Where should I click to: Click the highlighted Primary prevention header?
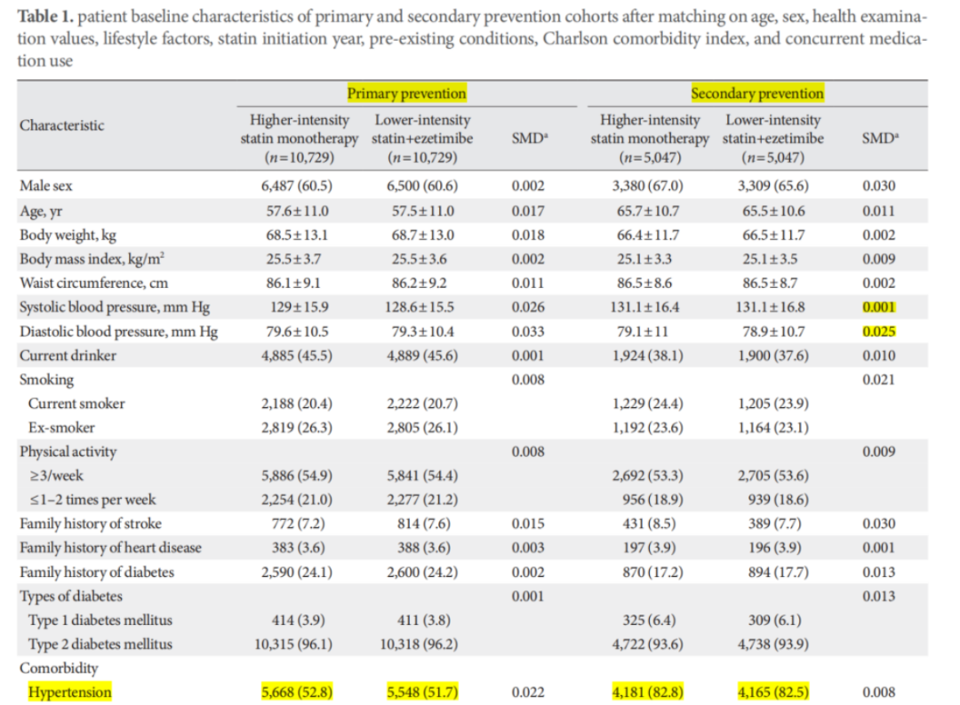coord(406,93)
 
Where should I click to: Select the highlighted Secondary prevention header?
coord(757,93)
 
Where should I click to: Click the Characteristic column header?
coord(62,125)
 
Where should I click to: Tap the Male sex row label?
coord(47,187)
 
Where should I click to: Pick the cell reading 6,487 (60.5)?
coord(297,187)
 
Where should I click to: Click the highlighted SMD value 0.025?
coord(878,332)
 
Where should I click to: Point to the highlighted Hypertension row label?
coord(70,692)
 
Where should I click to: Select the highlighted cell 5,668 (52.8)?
coord(297,692)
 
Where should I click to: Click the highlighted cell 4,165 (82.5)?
coord(774,692)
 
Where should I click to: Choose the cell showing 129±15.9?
coord(297,307)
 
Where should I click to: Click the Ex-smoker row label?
coord(61,427)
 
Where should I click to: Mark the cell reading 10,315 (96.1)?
coord(297,644)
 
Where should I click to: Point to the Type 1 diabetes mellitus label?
coord(100,620)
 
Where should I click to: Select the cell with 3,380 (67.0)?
coord(648,187)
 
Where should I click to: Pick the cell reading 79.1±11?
coord(648,331)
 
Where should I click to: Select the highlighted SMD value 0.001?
coord(878,308)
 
